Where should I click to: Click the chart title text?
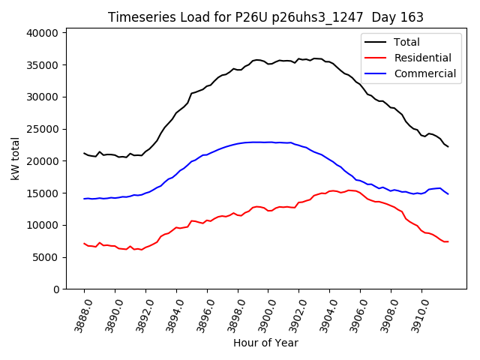click(265, 17)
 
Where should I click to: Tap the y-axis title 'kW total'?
click(16, 158)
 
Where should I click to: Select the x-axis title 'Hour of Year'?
click(265, 343)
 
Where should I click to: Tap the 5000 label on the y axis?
click(45, 257)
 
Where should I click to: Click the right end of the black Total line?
click(448, 146)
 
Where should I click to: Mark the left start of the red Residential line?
click(84, 244)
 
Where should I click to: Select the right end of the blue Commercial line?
click(448, 194)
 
